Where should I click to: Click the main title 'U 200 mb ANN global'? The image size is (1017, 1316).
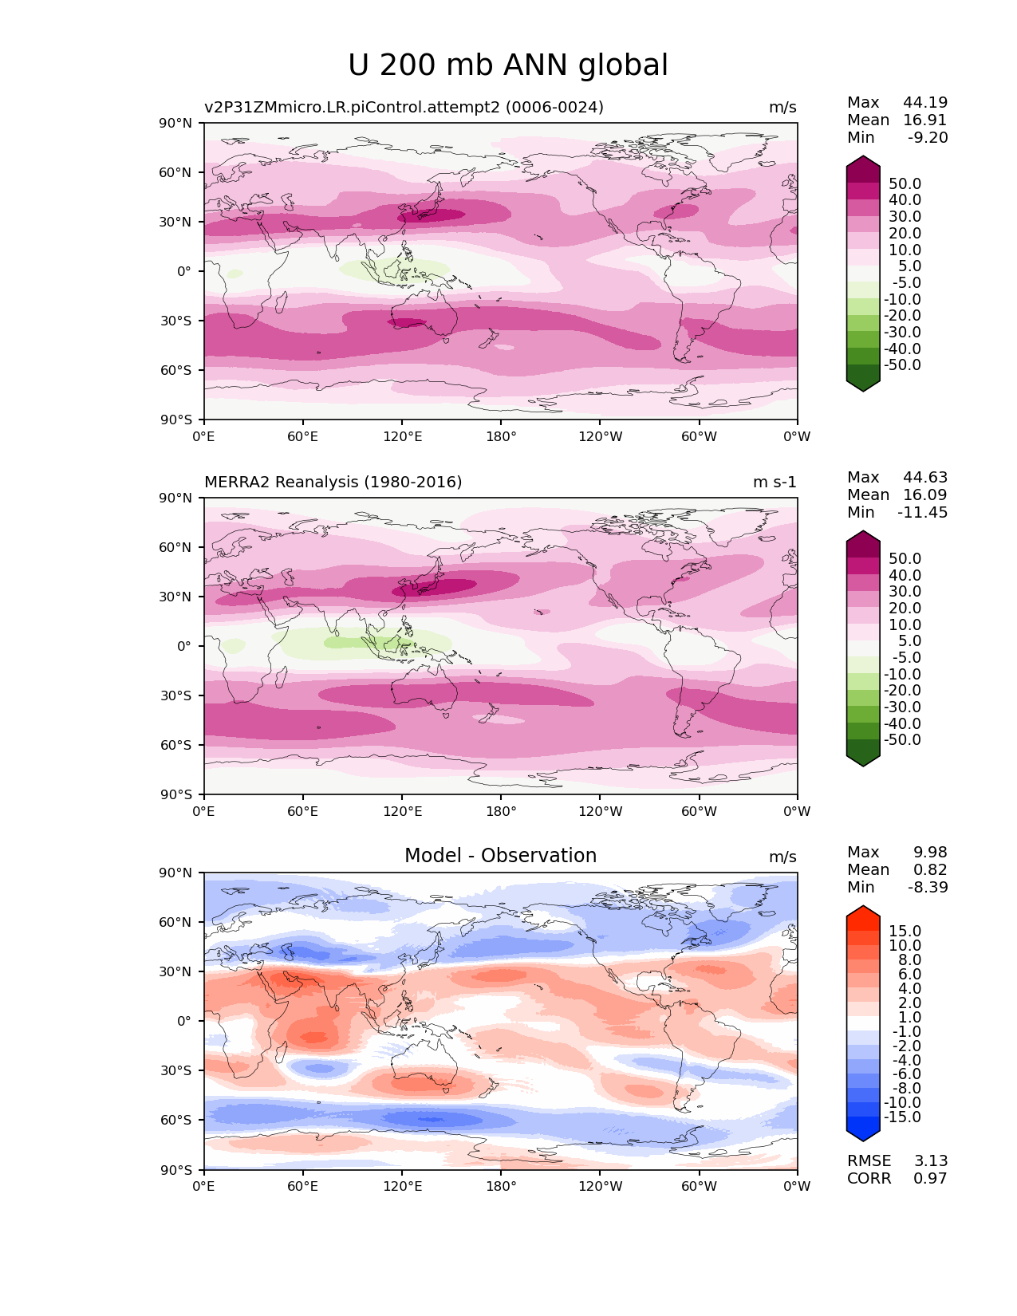tap(508, 65)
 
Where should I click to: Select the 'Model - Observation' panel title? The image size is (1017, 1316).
tap(500, 856)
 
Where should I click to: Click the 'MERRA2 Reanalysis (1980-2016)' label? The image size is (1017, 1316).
tap(333, 483)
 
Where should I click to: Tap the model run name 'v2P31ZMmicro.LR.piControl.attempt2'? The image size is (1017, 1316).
tap(351, 108)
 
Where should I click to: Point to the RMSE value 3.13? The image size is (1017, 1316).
tap(930, 1161)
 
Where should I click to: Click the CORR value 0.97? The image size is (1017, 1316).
tap(930, 1179)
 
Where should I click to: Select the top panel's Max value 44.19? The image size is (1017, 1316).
tap(925, 103)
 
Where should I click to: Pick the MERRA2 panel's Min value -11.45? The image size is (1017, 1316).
tap(923, 513)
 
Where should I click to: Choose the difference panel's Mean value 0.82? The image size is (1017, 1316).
tap(930, 870)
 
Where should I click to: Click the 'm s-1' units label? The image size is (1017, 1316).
tap(775, 483)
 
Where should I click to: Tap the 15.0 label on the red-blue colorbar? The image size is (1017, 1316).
tap(905, 932)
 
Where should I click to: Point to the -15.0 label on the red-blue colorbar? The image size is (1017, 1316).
tap(902, 1117)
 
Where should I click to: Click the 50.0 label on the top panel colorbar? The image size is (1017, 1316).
tap(905, 184)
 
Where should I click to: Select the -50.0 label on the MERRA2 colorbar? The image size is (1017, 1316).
tap(902, 740)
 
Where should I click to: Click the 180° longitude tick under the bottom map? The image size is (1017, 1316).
tap(501, 1187)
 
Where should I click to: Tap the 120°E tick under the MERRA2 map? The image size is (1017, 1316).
tap(402, 812)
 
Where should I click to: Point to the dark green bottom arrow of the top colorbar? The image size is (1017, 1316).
tap(863, 384)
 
